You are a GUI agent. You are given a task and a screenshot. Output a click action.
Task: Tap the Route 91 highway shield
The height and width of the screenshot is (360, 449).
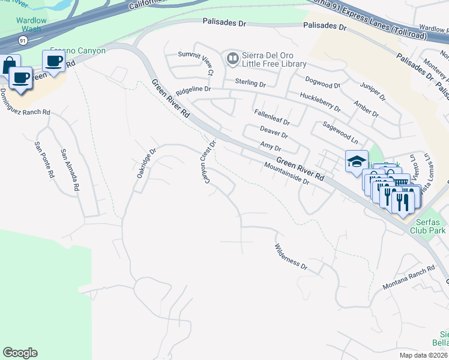[x=22, y=40]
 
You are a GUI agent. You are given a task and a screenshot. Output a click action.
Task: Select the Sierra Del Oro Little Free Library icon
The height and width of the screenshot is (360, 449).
[x=232, y=59]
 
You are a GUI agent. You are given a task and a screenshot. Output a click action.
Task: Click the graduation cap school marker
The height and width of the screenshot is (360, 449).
[x=356, y=161]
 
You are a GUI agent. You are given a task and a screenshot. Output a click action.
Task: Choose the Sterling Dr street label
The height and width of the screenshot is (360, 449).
[x=250, y=82]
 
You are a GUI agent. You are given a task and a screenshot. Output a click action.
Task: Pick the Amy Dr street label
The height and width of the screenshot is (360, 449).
[x=270, y=146]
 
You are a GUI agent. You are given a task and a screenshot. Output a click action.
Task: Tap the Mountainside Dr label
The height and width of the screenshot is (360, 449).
[x=286, y=173]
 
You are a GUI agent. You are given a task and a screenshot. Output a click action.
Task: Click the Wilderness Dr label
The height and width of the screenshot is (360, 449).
[x=291, y=257]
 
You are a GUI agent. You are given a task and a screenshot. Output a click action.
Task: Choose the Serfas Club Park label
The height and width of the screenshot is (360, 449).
[x=428, y=225]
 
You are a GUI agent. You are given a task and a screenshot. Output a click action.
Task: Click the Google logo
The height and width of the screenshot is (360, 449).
[x=20, y=353]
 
